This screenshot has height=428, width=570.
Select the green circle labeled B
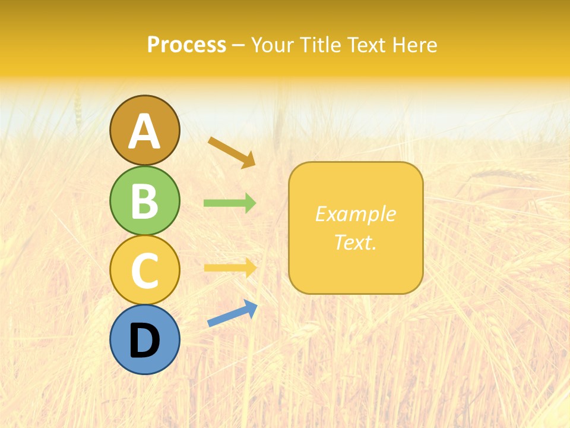(x=144, y=200)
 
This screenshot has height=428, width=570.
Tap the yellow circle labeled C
(x=144, y=270)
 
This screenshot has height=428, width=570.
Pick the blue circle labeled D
(x=144, y=340)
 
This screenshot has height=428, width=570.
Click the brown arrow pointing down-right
(x=232, y=152)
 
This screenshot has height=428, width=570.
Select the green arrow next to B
(x=230, y=203)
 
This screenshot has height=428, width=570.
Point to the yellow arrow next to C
(x=230, y=267)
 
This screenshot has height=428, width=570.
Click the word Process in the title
(x=186, y=45)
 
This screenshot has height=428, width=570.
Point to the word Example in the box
(x=355, y=214)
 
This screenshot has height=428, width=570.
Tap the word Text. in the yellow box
(x=355, y=243)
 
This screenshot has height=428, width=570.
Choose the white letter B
(x=144, y=202)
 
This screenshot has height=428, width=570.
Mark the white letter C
(x=144, y=271)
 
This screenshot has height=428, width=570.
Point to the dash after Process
(x=238, y=46)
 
